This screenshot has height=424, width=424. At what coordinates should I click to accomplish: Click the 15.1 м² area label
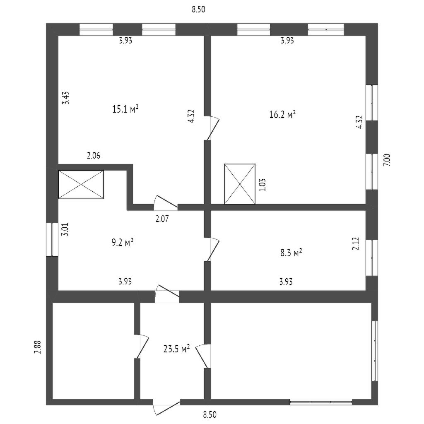point(125,109)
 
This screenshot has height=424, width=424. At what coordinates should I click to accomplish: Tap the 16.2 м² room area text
point(282,114)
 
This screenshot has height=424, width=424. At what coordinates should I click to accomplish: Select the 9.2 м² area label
point(123,243)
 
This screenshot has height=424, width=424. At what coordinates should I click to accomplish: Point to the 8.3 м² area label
point(291,253)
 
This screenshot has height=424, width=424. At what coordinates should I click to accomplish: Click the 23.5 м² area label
point(176,349)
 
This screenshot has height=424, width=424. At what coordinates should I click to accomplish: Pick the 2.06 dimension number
point(93,156)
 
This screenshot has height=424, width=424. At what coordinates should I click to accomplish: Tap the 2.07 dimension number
point(162,219)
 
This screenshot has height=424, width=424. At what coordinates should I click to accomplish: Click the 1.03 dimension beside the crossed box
point(262,185)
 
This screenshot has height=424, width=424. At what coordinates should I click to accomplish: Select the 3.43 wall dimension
point(65,99)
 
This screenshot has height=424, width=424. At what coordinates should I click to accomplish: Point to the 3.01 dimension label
point(65,229)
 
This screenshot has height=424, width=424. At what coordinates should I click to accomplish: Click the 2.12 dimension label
point(355,243)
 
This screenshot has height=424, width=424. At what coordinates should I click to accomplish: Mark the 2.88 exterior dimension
point(37,347)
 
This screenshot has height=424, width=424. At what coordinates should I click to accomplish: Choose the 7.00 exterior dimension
point(386,159)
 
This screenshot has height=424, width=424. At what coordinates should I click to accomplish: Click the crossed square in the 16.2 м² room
point(240,184)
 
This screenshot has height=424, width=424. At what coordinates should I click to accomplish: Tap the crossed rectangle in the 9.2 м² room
point(81,185)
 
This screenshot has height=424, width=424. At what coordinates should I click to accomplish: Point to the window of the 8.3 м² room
point(374,258)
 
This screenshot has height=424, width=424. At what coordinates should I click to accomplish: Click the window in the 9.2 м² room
point(52,240)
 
